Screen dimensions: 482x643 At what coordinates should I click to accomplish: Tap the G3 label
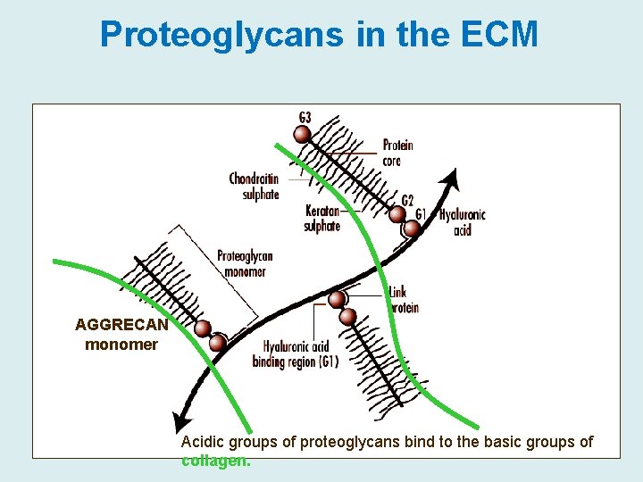[305, 117]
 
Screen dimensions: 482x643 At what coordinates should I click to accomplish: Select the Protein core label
[397, 153]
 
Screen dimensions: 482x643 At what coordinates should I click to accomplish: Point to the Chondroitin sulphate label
[255, 187]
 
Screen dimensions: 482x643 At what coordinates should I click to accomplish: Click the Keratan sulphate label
[322, 219]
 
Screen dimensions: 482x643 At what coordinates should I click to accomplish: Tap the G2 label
[407, 200]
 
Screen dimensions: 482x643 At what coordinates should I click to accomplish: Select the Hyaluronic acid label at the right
[463, 222]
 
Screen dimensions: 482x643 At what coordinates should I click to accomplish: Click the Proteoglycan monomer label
[244, 263]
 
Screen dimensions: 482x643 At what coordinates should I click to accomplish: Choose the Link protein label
[404, 299]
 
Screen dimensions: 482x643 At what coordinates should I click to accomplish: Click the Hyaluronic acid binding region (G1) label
[296, 354]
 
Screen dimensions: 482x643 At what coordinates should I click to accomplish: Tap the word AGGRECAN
[121, 325]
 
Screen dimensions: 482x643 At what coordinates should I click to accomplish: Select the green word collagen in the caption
[215, 461]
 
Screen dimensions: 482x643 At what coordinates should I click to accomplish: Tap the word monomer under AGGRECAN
[121, 344]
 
